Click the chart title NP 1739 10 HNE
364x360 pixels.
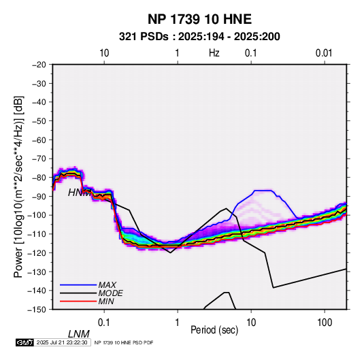[x=199, y=19]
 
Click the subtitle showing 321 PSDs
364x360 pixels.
[x=199, y=37]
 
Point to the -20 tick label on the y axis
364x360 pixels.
[x=39, y=65]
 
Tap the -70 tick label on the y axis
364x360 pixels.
[x=39, y=159]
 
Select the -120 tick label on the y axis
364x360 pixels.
[x=37, y=252]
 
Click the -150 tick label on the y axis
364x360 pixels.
[x=37, y=310]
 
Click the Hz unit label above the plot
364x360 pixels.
[x=214, y=53]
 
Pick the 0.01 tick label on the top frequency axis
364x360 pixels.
[x=324, y=53]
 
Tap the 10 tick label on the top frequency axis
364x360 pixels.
[x=104, y=53]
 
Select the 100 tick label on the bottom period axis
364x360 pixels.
[x=325, y=323]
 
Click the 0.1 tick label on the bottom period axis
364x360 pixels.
[x=104, y=323]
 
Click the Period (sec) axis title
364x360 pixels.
[x=214, y=330]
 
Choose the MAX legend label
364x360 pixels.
[x=107, y=285]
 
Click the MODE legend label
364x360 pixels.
[x=110, y=293]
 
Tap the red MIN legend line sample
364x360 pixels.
[x=78, y=301]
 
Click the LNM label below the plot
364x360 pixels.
[x=78, y=334]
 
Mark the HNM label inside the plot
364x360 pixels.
[x=79, y=193]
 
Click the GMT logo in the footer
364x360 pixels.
[x=24, y=342]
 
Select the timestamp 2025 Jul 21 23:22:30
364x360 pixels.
[x=62, y=342]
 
